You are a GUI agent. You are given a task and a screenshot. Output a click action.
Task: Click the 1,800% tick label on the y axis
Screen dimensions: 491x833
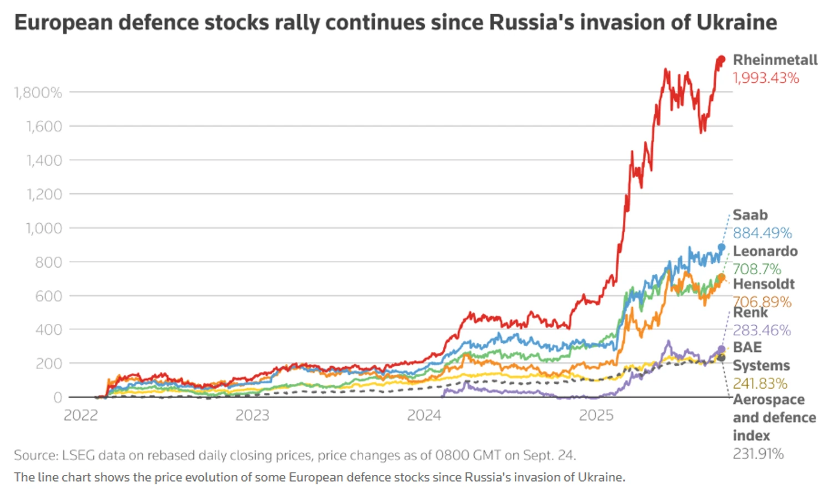coord(38,92)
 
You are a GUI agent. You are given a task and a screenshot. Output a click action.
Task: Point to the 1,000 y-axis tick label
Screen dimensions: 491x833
coord(44,228)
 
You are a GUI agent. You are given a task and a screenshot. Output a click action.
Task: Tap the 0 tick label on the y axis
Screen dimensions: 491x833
coord(57,397)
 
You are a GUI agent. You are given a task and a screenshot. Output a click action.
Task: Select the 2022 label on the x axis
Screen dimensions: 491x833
coord(81,415)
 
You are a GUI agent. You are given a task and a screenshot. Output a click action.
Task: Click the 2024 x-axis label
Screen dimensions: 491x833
coord(424,415)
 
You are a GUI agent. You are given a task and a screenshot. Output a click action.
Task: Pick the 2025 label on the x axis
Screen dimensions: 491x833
coord(596,415)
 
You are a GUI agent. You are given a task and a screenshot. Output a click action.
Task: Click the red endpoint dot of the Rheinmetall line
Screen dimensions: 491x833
coord(721,59)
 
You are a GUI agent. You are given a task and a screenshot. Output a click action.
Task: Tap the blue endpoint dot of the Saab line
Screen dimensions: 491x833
coord(721,248)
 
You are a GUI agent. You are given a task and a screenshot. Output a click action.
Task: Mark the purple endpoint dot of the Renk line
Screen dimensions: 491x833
coord(721,349)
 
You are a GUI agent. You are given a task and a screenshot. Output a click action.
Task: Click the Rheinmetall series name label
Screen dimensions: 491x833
coord(775,60)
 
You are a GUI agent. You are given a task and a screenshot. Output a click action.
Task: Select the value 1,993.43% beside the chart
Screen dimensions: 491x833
coord(766,78)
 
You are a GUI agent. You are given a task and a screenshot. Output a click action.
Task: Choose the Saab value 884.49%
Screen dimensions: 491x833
coord(762,233)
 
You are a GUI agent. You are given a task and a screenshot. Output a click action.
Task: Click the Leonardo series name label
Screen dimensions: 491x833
coord(765,251)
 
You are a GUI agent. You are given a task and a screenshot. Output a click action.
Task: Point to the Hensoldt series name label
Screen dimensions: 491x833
coord(764,284)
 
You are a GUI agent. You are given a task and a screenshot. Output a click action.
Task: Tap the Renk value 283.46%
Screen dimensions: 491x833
coord(761,330)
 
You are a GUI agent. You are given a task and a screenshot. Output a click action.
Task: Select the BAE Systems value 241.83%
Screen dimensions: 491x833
coord(760,383)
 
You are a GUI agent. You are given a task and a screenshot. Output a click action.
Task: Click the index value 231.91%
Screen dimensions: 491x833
coord(758,454)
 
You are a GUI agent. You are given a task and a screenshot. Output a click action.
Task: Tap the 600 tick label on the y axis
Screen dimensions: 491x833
coord(48,295)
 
